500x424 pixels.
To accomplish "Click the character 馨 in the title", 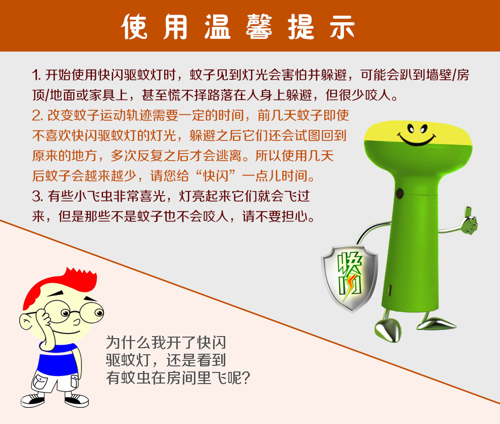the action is pyautogui.click(x=259, y=27).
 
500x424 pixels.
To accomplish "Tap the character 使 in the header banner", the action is pyautogui.click(x=134, y=27).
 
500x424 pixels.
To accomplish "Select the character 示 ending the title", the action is pyautogui.click(x=342, y=27).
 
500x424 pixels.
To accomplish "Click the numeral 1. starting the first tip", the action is pyautogui.click(x=36, y=75).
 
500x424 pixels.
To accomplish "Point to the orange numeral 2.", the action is pyautogui.click(x=38, y=116).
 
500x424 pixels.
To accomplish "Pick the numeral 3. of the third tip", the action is pyautogui.click(x=38, y=196).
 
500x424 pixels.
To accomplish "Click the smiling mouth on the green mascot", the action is pyautogui.click(x=416, y=139).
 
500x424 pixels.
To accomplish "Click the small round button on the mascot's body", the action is pyautogui.click(x=399, y=193).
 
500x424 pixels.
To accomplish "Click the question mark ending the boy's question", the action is pyautogui.click(x=245, y=378).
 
